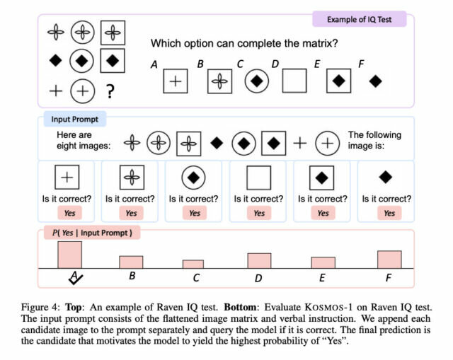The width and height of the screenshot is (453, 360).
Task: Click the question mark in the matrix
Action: pyautogui.click(x=110, y=91)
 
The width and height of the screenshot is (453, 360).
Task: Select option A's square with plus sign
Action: pyautogui.click(x=176, y=82)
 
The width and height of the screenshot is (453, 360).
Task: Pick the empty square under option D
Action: pyautogui.click(x=294, y=82)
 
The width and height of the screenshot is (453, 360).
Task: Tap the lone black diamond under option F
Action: pyautogui.click(x=376, y=82)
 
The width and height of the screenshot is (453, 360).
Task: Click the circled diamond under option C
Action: pyautogui.click(x=257, y=82)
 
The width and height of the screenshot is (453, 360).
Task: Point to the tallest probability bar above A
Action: pyautogui.click(x=69, y=255)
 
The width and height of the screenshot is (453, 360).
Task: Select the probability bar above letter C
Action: pyautogui.click(x=193, y=264)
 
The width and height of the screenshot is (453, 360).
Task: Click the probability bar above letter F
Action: pyautogui.click(x=389, y=260)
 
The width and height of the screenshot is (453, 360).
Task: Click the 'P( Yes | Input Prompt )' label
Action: pyautogui.click(x=88, y=232)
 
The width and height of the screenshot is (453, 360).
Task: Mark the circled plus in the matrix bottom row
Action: pyautogui.click(x=83, y=91)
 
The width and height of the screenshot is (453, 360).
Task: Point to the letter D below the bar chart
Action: pyautogui.click(x=258, y=278)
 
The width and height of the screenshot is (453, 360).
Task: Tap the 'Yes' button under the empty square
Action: pyautogui.click(x=259, y=213)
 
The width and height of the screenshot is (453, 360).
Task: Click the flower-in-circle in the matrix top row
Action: pyautogui.click(x=83, y=32)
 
